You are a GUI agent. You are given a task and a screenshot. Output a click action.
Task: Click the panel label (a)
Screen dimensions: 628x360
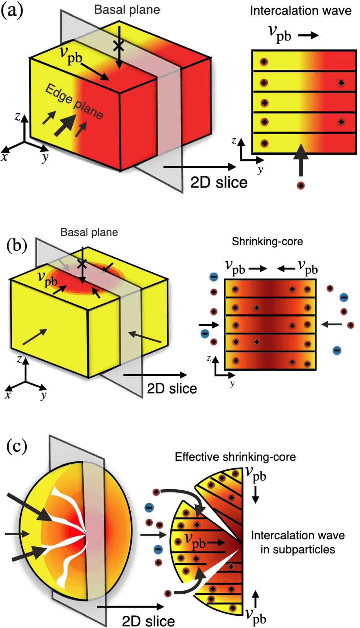coord(12,11)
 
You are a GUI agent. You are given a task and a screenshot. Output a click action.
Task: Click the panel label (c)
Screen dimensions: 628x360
coord(17,447)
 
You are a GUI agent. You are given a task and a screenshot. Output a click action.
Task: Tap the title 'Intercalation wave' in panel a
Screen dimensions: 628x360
coord(300,11)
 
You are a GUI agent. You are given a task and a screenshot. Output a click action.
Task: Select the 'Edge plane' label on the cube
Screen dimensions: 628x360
coord(74,102)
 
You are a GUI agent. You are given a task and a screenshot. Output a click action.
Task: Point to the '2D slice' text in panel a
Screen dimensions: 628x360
coord(219,182)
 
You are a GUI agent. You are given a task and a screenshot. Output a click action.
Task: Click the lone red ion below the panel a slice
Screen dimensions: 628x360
coord(300,185)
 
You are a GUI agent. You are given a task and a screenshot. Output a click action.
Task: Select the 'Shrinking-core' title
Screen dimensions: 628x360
coord(267,241)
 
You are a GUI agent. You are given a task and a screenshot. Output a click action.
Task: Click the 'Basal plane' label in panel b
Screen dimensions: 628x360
coord(89,232)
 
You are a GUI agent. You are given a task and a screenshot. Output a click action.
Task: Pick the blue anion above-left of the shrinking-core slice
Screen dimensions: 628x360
coord(214,278)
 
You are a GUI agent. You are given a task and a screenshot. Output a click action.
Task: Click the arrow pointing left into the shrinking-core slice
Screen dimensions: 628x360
coord(331,324)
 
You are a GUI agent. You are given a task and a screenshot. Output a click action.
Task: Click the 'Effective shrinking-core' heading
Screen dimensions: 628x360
coord(235,457)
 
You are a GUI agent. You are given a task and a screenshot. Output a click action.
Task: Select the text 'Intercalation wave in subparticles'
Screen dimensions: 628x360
coord(298,542)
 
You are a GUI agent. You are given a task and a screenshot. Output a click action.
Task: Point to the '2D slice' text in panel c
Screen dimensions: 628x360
coord(148,621)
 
